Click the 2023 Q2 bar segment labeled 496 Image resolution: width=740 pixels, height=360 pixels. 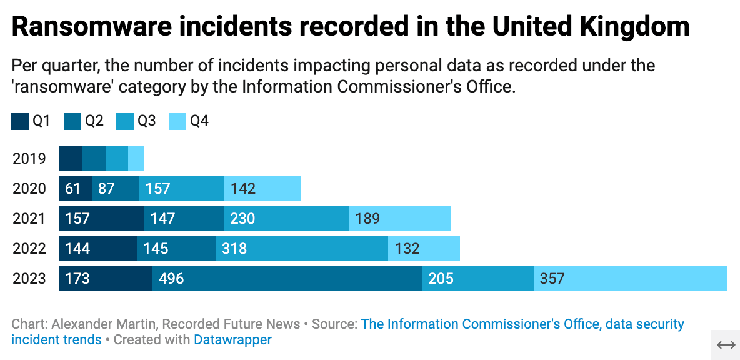287,279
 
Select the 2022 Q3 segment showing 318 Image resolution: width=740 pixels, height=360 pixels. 302,249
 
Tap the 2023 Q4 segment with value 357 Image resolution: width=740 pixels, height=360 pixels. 630,279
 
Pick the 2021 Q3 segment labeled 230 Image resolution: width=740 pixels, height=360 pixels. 286,219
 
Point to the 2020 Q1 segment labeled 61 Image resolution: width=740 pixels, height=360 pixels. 75,189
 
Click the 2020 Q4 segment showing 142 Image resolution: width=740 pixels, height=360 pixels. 262,189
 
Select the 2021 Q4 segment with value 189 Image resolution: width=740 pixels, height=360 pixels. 400,219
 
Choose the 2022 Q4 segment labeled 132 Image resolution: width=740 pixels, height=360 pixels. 424,249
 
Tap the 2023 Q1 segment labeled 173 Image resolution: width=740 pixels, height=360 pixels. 105,279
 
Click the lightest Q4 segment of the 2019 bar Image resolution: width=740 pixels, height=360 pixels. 136,159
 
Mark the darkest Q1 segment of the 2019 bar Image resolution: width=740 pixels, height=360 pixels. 71,159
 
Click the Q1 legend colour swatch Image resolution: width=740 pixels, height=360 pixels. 20,121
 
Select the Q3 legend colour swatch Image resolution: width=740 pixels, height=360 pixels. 125,121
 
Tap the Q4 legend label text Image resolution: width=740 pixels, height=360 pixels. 199,121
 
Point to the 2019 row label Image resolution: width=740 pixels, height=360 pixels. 29,159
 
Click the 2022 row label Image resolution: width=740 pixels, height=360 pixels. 29,249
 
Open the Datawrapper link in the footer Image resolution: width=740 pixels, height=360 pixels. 232,340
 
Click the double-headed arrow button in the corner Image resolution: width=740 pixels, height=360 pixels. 726,346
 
